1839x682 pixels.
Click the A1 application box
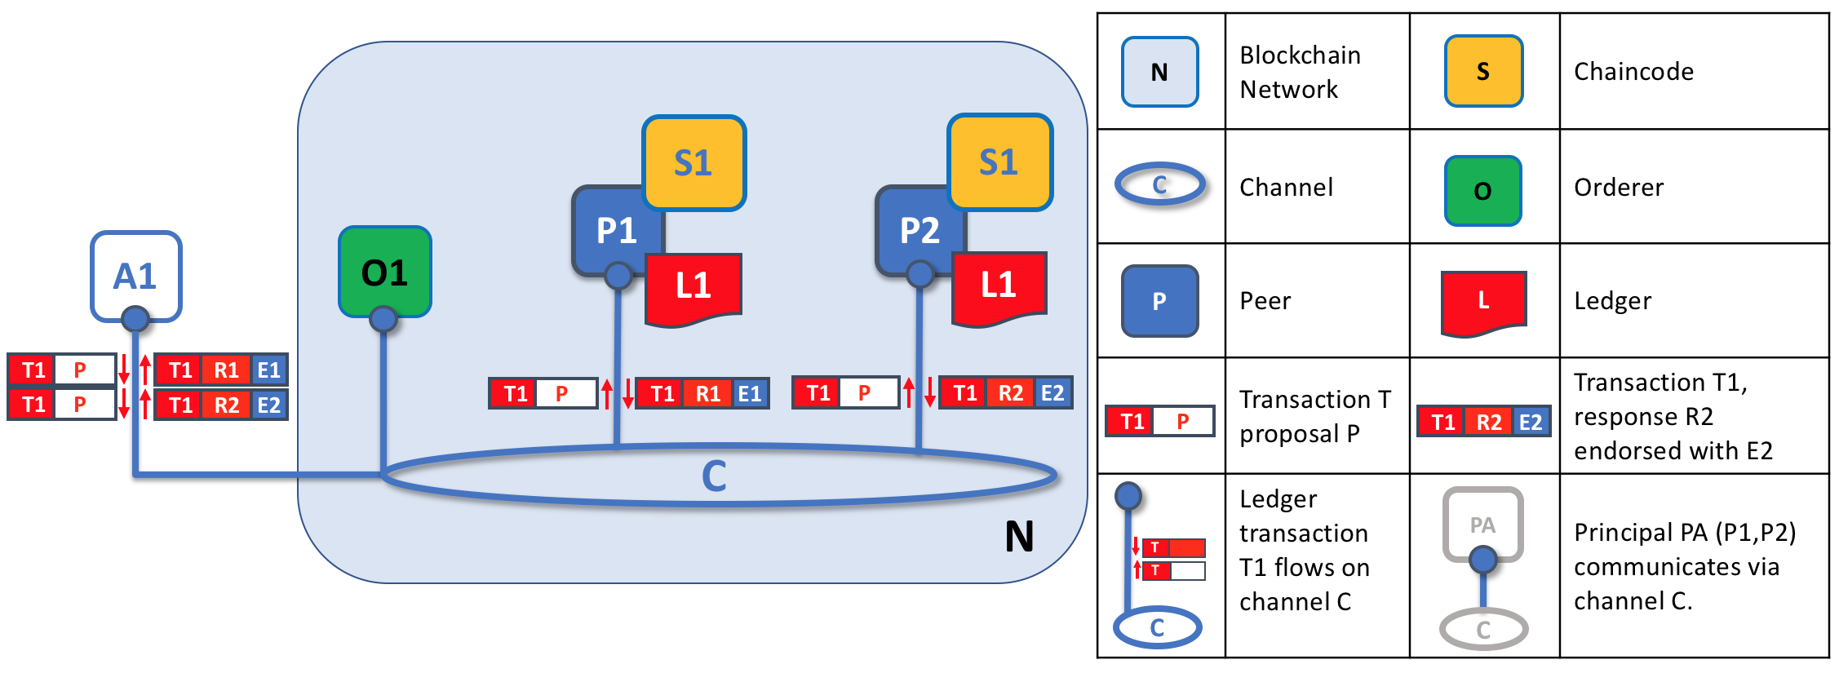pyautogui.click(x=135, y=275)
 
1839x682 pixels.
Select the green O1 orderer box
pyautogui.click(x=384, y=272)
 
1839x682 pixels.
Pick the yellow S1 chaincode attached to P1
pyautogui.click(x=694, y=162)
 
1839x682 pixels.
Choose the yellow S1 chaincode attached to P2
pyautogui.click(x=999, y=162)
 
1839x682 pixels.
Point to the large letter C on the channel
pyautogui.click(x=714, y=476)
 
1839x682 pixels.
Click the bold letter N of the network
pyautogui.click(x=1019, y=537)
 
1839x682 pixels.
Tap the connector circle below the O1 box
pyautogui.click(x=383, y=319)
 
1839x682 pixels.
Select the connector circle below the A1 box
pyautogui.click(x=135, y=318)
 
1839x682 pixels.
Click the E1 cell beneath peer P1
pyautogui.click(x=749, y=394)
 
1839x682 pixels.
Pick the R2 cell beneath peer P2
pyautogui.click(x=1010, y=393)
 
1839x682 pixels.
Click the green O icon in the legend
pyautogui.click(x=1482, y=191)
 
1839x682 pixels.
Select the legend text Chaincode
pyautogui.click(x=1633, y=72)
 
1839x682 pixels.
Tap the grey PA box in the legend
pyautogui.click(x=1482, y=523)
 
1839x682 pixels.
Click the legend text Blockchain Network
pyautogui.click(x=1300, y=72)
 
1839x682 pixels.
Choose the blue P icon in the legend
pyautogui.click(x=1159, y=301)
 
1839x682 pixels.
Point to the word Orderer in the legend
pyautogui.click(x=1618, y=188)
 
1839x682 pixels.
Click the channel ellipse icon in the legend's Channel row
pyautogui.click(x=1159, y=185)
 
